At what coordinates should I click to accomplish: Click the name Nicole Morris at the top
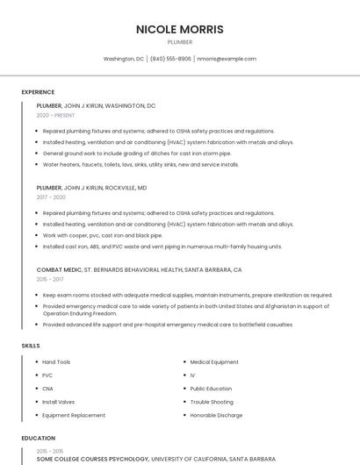(x=180, y=29)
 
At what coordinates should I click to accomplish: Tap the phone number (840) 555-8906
(x=170, y=59)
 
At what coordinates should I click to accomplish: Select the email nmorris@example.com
(x=227, y=59)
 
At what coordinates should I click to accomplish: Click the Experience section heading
(x=38, y=92)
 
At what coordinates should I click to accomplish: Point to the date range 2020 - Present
(x=56, y=115)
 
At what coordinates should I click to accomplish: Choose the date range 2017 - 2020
(x=51, y=197)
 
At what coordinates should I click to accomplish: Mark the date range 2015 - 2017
(x=50, y=279)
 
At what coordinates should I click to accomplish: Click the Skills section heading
(x=31, y=346)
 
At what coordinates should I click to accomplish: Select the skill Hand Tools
(x=56, y=362)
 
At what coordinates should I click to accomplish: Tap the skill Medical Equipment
(x=214, y=362)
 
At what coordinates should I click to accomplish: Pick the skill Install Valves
(x=60, y=402)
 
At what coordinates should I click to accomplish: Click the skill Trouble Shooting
(x=212, y=402)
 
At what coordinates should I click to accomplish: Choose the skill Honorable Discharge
(x=216, y=415)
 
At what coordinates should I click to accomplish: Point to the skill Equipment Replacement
(x=74, y=415)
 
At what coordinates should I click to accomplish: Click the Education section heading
(x=38, y=438)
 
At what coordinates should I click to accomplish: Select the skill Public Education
(x=211, y=389)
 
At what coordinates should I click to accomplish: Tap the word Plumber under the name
(x=180, y=41)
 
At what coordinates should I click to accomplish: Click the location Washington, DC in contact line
(x=124, y=59)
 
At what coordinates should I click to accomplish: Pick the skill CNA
(x=47, y=389)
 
